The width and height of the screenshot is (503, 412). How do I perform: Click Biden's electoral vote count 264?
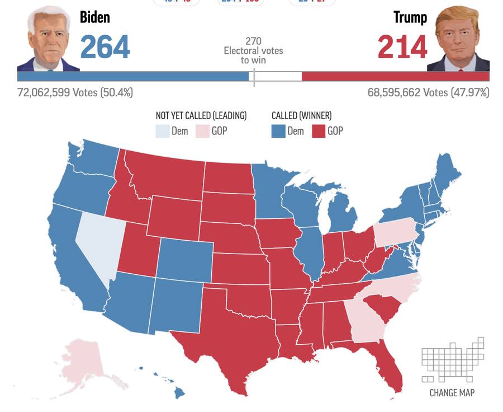[x=105, y=47]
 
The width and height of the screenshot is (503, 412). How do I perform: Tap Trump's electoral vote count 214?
[x=402, y=47]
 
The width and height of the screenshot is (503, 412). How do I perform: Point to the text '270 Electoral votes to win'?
[x=253, y=50]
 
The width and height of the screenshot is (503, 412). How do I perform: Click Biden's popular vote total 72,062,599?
[x=75, y=92]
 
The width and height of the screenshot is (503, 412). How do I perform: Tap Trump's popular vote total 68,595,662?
[x=428, y=92]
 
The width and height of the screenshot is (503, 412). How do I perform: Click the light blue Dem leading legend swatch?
[x=162, y=132]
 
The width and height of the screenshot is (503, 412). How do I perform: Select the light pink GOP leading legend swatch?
[x=201, y=132]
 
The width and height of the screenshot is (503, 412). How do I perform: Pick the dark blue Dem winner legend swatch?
[x=278, y=132]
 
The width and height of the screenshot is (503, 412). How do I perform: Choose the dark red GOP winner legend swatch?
[x=319, y=132]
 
